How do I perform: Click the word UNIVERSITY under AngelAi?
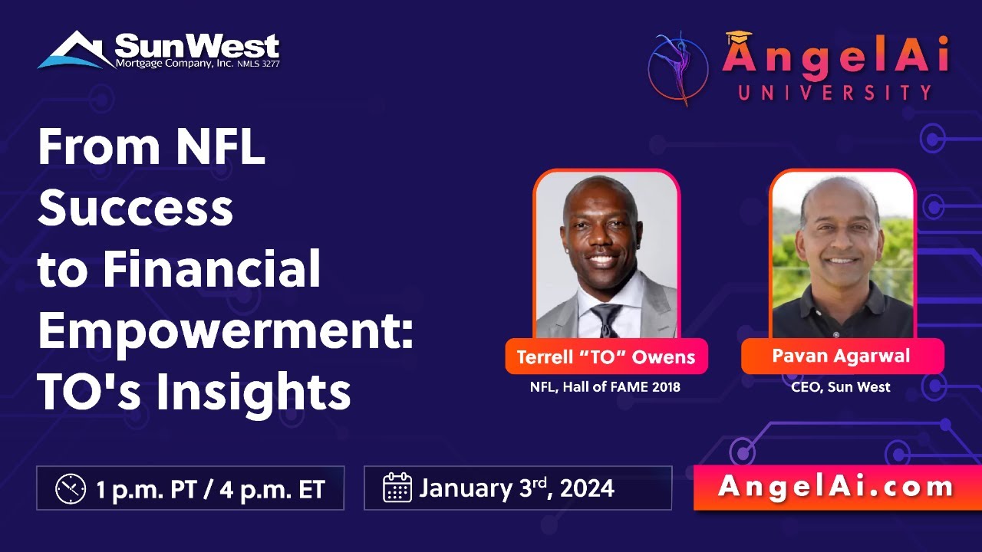(x=835, y=93)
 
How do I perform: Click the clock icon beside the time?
(x=71, y=488)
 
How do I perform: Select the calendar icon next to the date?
(x=397, y=488)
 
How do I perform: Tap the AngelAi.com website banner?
(x=836, y=486)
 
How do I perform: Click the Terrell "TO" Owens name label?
(x=606, y=356)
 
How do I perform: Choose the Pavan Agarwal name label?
(x=842, y=356)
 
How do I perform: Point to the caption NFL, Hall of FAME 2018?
(x=605, y=387)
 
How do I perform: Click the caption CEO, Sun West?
(x=841, y=387)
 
